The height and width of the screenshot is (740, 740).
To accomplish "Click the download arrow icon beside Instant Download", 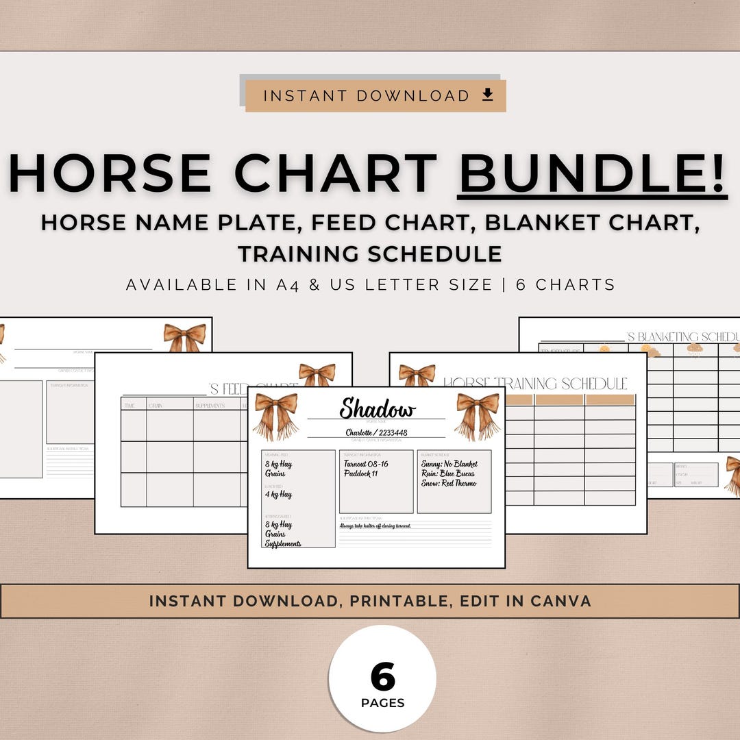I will (488, 95).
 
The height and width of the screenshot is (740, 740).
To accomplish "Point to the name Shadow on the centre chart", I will (378, 409).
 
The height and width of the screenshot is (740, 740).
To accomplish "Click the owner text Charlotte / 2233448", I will (376, 432).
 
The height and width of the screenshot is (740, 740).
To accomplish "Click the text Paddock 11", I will (361, 473).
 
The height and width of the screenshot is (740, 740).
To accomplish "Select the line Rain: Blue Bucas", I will (448, 473).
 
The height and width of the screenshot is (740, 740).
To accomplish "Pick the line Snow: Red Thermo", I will (449, 483).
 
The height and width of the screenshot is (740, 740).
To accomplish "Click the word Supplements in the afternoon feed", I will (283, 543).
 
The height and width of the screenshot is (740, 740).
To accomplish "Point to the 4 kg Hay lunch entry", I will (279, 494).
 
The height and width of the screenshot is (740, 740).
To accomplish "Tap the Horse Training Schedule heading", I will (534, 383).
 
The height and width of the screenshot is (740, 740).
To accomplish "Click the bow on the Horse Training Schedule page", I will (417, 374).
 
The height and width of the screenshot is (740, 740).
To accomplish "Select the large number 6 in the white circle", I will (382, 677).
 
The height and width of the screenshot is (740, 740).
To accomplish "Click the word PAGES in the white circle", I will (382, 703).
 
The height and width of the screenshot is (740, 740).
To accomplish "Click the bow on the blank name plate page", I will (184, 337).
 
